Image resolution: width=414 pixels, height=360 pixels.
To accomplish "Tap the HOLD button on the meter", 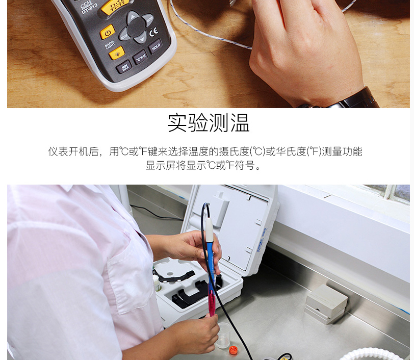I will point(156,46).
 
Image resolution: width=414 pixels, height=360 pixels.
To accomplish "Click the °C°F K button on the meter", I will point(140,57).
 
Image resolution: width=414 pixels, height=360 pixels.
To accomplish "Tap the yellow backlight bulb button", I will point(117,52).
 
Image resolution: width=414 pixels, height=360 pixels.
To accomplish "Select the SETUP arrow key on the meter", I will point(124,34).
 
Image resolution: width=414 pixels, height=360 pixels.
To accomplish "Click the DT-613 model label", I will point(89,9).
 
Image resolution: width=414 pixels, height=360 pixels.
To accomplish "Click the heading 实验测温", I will point(209,123).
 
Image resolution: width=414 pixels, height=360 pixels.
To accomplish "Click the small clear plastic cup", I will point(223,335).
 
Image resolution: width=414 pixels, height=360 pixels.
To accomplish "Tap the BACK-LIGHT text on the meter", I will point(111,45).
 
